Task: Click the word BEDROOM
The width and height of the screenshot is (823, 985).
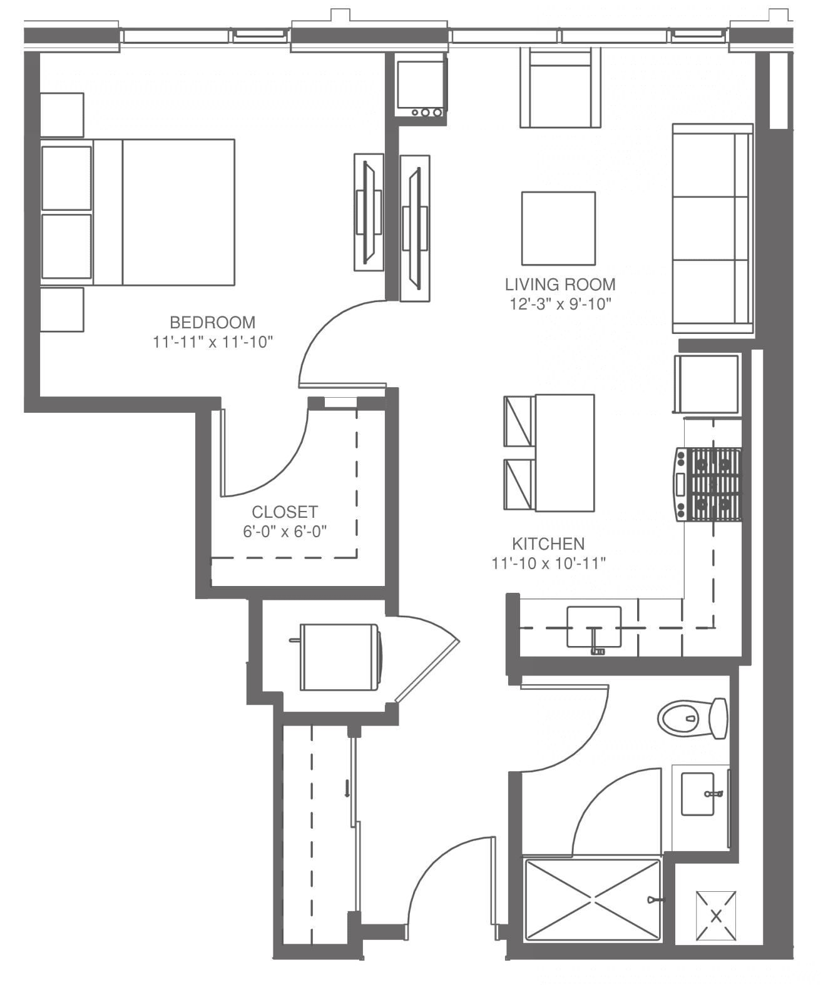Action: (213, 323)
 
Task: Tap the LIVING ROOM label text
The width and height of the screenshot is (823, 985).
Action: (560, 285)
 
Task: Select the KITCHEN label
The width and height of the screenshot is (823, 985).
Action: (548, 544)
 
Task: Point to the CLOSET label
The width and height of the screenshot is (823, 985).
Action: (285, 512)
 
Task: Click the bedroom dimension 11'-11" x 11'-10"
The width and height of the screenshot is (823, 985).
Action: (213, 342)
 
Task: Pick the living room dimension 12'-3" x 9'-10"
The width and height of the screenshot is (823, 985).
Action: (560, 305)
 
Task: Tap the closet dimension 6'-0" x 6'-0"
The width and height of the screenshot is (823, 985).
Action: (285, 532)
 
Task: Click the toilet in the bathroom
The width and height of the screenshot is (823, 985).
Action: (692, 719)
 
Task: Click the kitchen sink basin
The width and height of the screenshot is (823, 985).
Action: (594, 627)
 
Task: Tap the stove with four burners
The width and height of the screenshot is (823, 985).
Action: (709, 485)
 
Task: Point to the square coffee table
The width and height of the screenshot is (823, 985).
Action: (558, 228)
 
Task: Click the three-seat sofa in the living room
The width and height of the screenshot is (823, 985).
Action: (712, 229)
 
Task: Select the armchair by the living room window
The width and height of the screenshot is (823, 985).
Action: (561, 88)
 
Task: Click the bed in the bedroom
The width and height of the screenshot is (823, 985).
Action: (138, 212)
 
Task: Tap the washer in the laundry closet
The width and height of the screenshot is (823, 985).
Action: (340, 657)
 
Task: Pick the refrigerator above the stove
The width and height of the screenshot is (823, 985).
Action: (707, 385)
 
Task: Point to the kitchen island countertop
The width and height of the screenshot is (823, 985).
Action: (565, 452)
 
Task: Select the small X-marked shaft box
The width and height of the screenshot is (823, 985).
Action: (716, 916)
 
